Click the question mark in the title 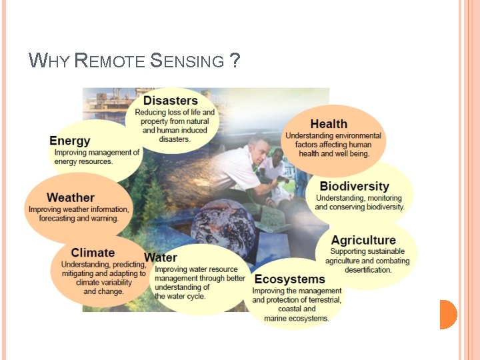(234, 62)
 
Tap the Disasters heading (171, 101)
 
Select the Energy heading (69, 141)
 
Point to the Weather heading (71, 197)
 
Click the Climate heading (93, 253)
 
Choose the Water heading (161, 257)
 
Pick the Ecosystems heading (289, 279)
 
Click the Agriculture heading (363, 240)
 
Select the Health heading (329, 124)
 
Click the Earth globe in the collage (223, 227)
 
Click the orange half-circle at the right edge (447, 314)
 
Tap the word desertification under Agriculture (368, 270)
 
